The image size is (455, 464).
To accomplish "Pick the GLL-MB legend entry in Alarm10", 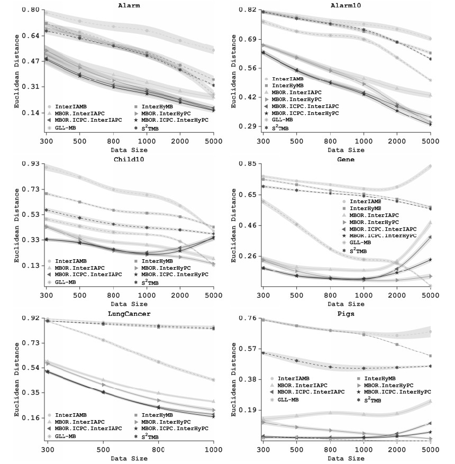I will tap(285, 120).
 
